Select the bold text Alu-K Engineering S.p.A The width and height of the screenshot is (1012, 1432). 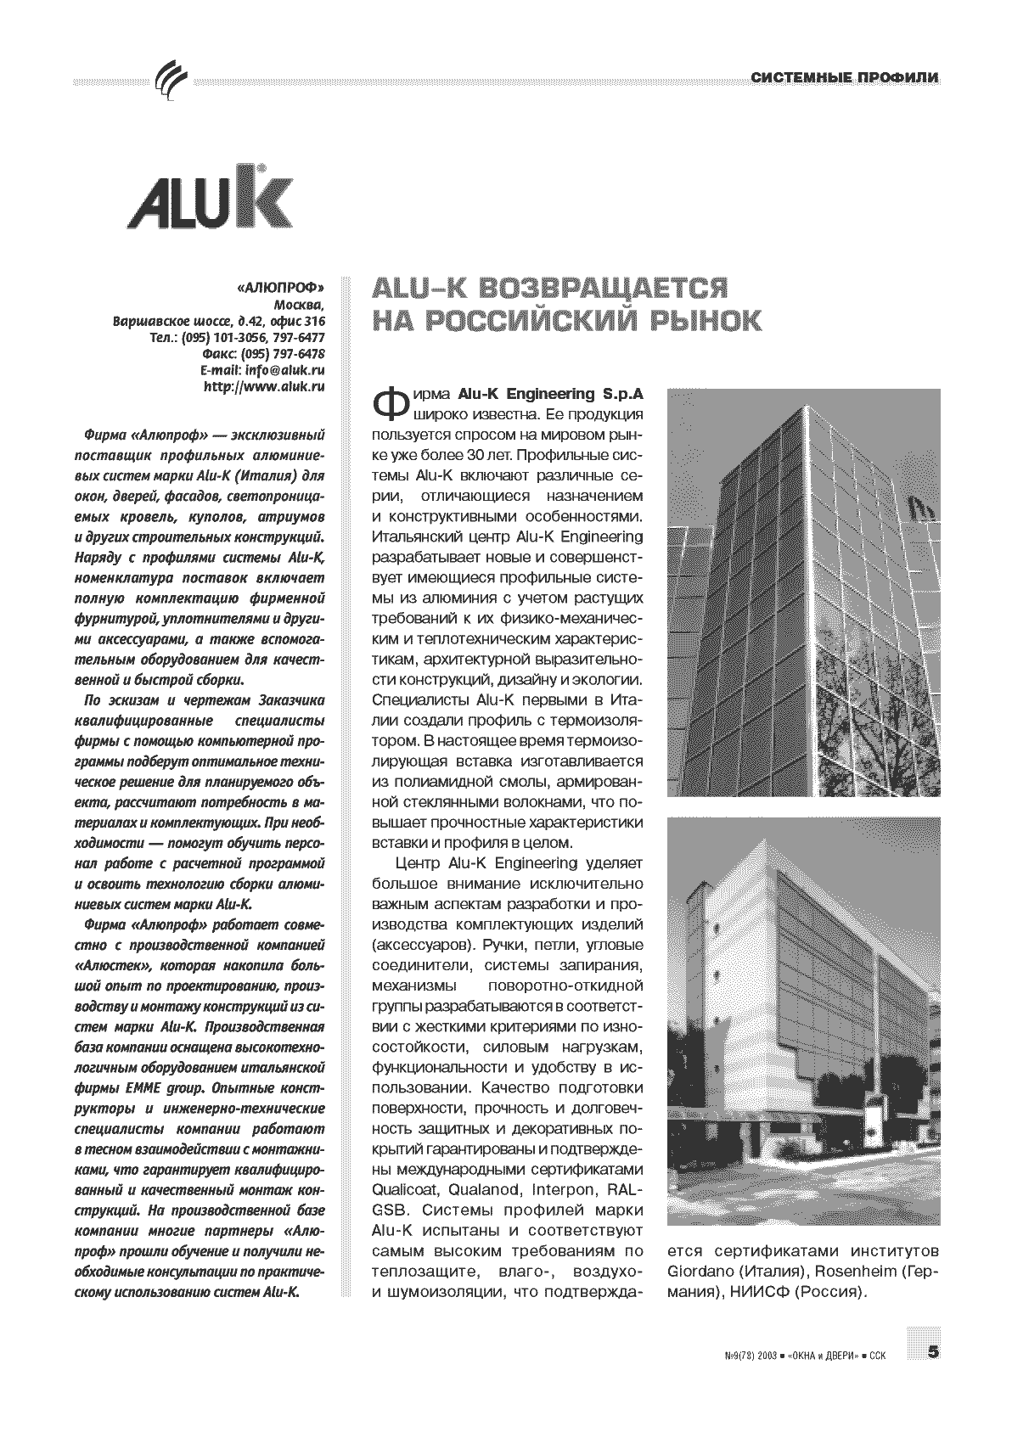click(550, 395)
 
